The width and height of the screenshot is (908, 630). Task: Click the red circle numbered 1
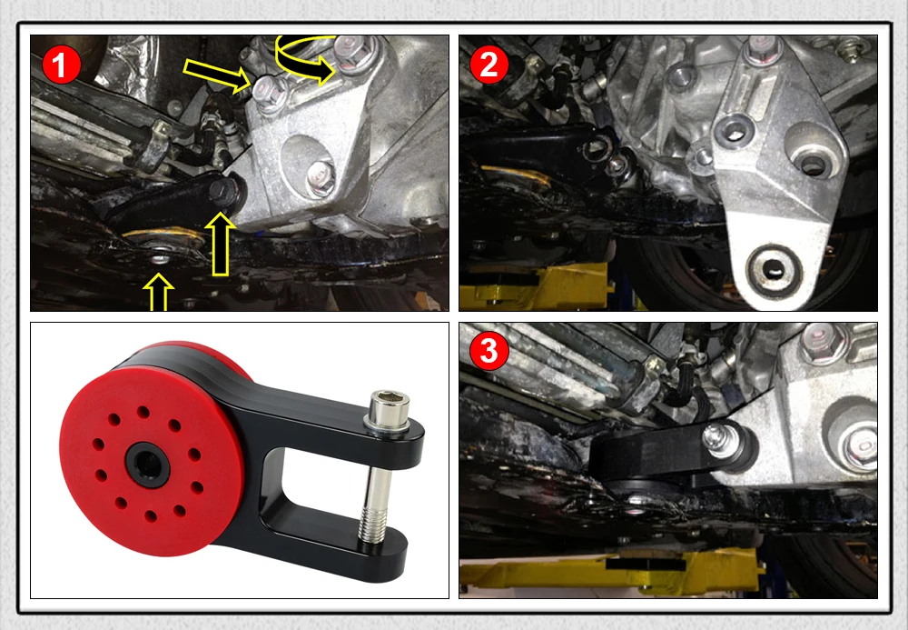[x=61, y=66]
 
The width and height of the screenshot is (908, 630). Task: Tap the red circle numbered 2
[x=489, y=65]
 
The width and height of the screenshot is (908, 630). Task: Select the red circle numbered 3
[x=489, y=351]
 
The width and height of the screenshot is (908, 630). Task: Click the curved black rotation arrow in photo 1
[x=304, y=58]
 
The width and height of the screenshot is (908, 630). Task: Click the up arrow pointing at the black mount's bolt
[x=221, y=244]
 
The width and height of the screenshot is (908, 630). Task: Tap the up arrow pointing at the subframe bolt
[x=158, y=292]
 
